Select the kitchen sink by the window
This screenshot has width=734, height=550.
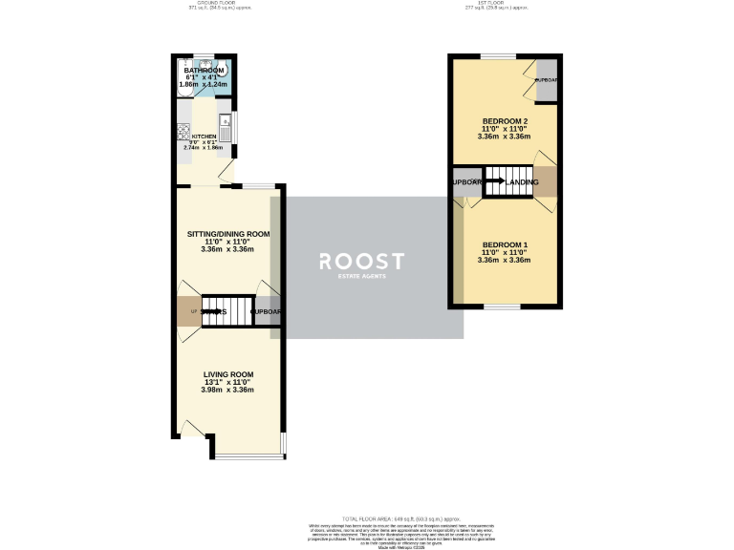click(226, 121)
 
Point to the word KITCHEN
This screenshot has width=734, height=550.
click(190, 137)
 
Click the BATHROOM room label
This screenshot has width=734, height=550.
click(205, 71)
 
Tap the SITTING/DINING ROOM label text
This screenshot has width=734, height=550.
click(227, 234)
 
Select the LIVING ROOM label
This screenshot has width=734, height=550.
click(227, 374)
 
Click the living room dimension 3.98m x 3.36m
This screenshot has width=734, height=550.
click(227, 390)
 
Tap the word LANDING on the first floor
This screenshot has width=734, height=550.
click(522, 181)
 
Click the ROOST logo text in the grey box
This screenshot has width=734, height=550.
click(361, 261)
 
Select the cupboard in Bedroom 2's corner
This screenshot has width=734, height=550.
click(547, 80)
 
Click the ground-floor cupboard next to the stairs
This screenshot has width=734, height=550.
click(267, 311)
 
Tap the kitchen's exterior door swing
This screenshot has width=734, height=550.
click(226, 172)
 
